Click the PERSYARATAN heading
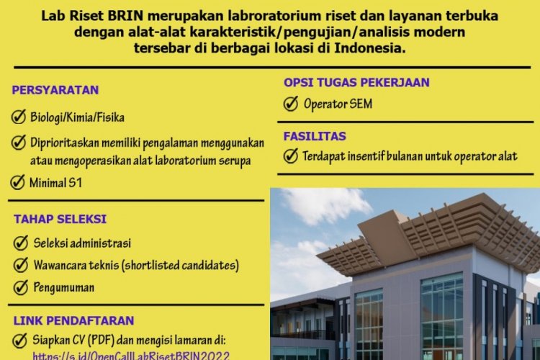55,90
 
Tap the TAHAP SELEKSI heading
59,219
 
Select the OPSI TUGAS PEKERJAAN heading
356,82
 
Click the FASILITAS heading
315,135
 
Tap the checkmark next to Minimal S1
18,182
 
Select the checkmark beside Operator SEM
291,104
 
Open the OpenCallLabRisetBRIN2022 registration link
131,355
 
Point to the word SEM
359,104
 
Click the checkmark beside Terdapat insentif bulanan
291,156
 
